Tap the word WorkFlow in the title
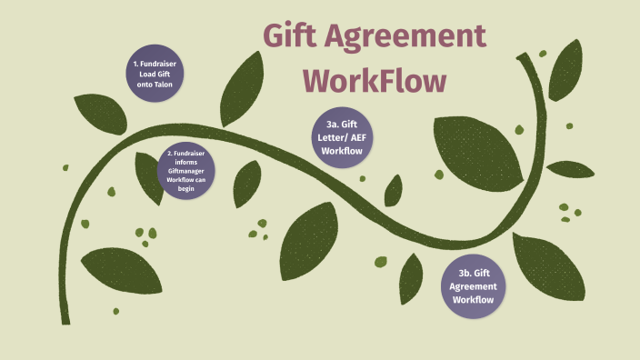[x=375, y=82]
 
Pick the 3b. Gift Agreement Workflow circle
[x=475, y=285]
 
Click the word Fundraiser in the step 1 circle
[x=160, y=65]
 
